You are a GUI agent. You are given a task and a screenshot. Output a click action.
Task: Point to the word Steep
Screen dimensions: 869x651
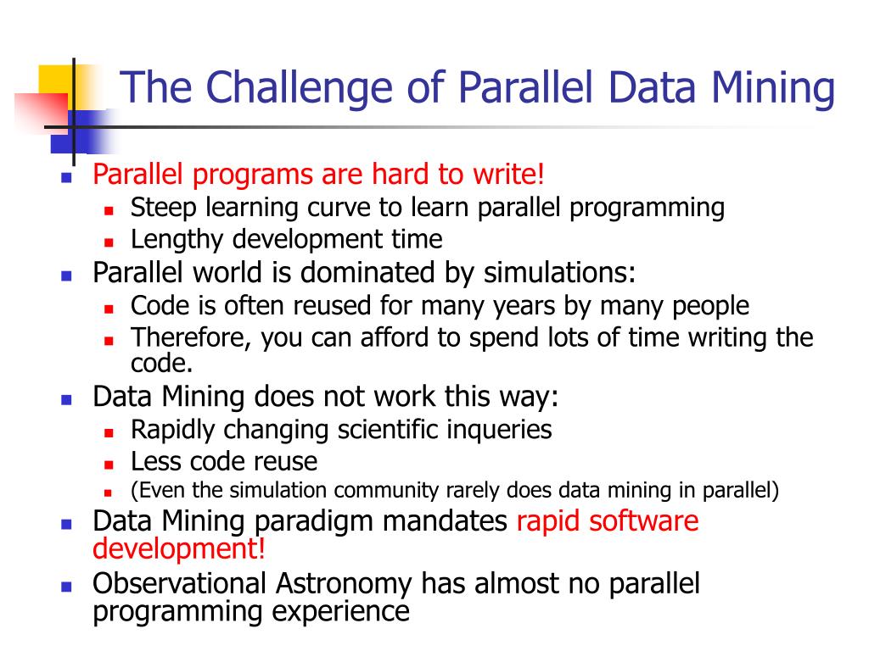click(x=164, y=209)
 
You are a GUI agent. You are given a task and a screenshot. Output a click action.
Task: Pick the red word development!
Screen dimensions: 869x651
click(x=179, y=548)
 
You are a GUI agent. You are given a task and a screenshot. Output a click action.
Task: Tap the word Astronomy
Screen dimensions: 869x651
click(x=344, y=584)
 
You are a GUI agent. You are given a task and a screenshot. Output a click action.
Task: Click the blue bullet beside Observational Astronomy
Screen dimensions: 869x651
click(x=66, y=587)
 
